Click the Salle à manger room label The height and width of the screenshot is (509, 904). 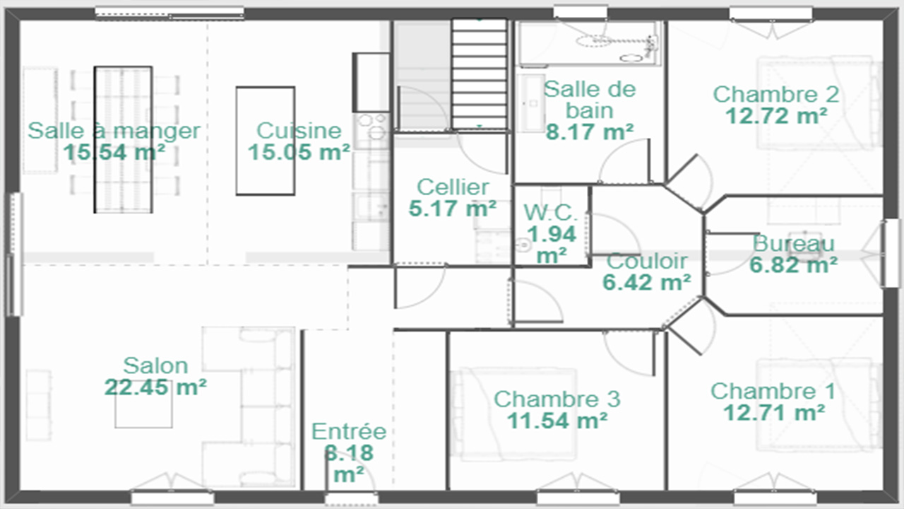[x=114, y=131]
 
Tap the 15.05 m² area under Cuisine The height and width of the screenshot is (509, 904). [x=299, y=152]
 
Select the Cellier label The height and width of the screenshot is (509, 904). [x=453, y=187]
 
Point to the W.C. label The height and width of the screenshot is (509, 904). [x=551, y=213]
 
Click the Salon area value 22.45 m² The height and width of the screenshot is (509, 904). [x=155, y=387]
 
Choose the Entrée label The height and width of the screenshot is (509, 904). [x=349, y=431]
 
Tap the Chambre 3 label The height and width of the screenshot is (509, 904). [x=557, y=399]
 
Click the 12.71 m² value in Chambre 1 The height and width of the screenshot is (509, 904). [x=773, y=412]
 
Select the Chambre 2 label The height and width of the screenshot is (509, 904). [x=776, y=95]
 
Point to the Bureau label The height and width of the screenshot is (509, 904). [x=793, y=244]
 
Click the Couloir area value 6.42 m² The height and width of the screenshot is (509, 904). [x=646, y=282]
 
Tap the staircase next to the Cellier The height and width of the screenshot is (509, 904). [x=480, y=74]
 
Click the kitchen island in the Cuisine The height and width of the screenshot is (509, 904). [x=266, y=141]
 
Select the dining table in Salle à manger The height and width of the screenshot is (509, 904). [x=123, y=140]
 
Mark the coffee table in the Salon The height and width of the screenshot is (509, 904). [x=143, y=404]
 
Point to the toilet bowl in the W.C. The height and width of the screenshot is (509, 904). [x=523, y=245]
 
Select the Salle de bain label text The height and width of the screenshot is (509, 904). [x=590, y=100]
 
